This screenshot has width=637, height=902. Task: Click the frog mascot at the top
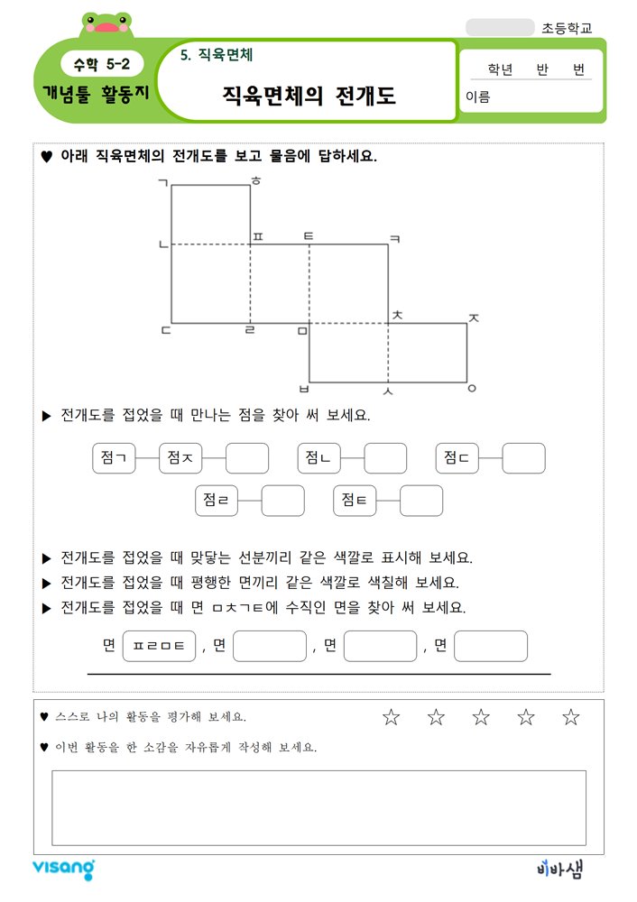(x=106, y=24)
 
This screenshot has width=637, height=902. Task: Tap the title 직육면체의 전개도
(x=309, y=96)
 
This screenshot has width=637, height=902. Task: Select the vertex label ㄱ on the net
(x=162, y=183)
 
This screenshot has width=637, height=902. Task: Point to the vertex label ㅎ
(x=256, y=182)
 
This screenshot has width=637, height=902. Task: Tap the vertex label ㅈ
(x=474, y=318)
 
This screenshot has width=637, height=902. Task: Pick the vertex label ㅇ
(x=472, y=390)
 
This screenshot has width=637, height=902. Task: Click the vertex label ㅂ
(x=303, y=390)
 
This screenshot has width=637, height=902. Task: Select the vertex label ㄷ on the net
(x=164, y=329)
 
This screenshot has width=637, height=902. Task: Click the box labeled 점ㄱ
(x=115, y=458)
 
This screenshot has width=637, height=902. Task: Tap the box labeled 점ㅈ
(x=180, y=458)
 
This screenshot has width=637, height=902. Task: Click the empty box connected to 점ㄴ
(x=385, y=458)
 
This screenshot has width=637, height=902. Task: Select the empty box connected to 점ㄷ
(x=523, y=458)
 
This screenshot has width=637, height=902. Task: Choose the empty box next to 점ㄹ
(x=282, y=501)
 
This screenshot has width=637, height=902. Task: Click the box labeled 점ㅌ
(x=355, y=501)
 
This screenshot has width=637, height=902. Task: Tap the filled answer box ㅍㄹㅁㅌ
(x=159, y=646)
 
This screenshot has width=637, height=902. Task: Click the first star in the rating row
(x=391, y=717)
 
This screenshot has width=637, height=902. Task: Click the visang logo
(x=63, y=869)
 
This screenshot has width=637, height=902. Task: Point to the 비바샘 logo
(x=559, y=870)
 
